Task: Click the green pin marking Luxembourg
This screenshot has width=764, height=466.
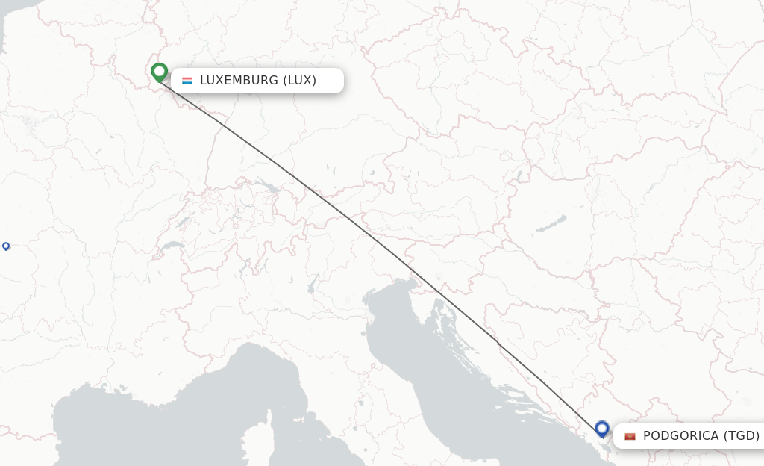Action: pos(159,72)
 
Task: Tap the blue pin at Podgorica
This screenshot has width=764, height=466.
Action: pos(602,429)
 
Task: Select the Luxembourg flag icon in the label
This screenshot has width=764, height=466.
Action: pos(187,81)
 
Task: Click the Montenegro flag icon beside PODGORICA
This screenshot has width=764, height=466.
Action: pos(630,436)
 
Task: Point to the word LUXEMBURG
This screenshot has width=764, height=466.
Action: pos(239,81)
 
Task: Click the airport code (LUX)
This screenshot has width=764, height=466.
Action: pos(299,81)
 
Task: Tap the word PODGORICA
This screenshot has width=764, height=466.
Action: pos(681,436)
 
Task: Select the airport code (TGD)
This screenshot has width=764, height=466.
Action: pos(742,436)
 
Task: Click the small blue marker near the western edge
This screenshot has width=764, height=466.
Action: pos(6,246)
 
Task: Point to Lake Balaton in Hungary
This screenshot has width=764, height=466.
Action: pos(551,223)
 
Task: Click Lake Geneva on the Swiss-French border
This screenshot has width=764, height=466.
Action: pos(173,245)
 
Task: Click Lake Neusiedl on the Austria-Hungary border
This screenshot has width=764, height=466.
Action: pos(516,177)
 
